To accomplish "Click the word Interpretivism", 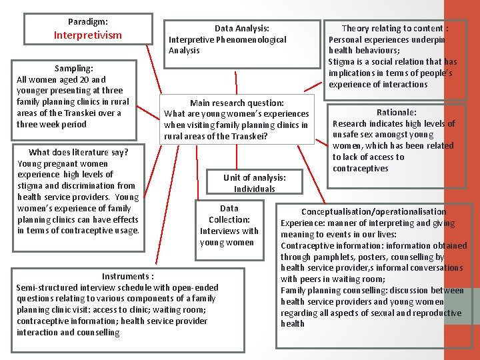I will (x=87, y=35).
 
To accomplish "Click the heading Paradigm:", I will (x=87, y=22).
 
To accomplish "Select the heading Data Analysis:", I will (x=241, y=28).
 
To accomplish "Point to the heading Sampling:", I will (x=73, y=68).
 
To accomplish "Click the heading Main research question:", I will (x=237, y=103).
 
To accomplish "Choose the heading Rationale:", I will (x=396, y=112).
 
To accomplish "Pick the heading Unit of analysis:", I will (x=254, y=177).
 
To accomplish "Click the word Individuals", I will (x=254, y=189).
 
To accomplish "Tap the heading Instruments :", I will (x=127, y=276).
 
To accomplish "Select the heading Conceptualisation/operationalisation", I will (x=373, y=211).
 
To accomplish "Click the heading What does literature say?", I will (x=79, y=152).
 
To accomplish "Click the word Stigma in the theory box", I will (x=341, y=62).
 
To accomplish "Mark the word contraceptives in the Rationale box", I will (x=360, y=168).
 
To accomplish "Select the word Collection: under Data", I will (x=229, y=219).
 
